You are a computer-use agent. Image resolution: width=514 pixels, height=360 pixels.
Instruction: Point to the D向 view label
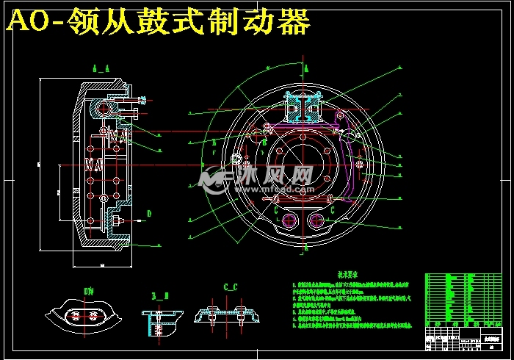pos(89,292)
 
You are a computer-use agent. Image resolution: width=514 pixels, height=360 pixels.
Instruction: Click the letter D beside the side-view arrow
pos(148,214)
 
